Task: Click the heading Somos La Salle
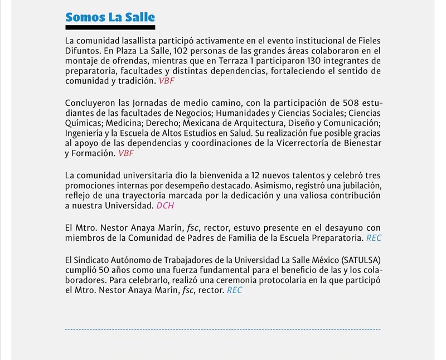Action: tap(110, 17)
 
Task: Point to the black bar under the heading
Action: tap(110, 27)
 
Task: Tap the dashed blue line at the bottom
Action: tap(222, 330)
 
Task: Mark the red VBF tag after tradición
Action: tap(167, 81)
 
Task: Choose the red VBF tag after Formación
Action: tap(126, 153)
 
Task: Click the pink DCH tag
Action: tap(165, 206)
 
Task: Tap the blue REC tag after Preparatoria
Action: tap(374, 238)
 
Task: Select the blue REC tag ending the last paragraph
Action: tap(234, 290)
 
